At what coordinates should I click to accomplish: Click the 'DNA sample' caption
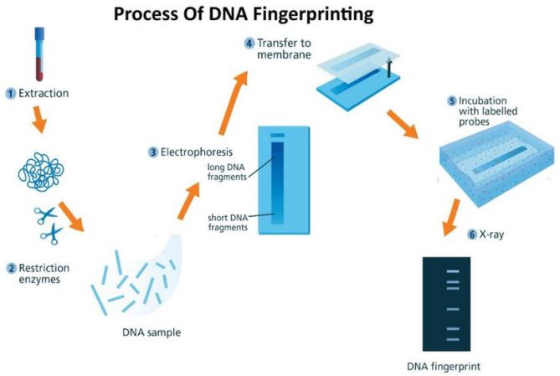tap(152, 333)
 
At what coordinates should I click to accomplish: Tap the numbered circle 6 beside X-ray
tap(472, 235)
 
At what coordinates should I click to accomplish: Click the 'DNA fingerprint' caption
tap(444, 366)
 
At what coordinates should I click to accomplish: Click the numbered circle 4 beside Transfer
tap(249, 43)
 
